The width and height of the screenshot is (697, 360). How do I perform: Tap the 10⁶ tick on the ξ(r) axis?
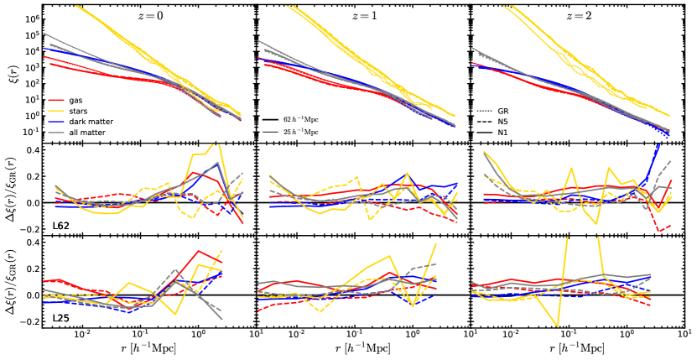pos(34,18)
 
